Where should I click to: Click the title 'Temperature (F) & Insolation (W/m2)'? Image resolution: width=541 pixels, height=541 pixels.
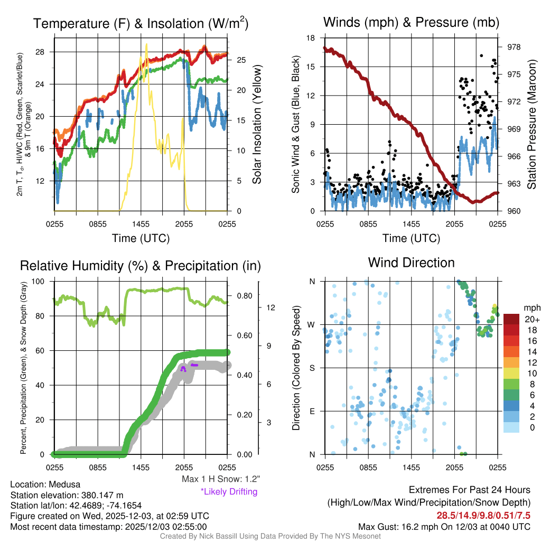click(141, 23)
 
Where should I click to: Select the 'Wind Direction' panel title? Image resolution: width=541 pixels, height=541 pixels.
click(411, 263)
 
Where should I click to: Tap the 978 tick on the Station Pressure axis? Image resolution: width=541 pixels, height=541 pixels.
click(513, 47)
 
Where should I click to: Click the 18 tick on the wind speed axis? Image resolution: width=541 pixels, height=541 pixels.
click(311, 38)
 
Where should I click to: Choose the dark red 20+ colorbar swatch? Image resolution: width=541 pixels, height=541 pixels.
click(512, 319)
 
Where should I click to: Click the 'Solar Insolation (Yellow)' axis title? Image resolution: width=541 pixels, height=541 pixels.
click(257, 125)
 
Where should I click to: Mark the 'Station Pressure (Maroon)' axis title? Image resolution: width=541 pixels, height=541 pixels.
click(532, 125)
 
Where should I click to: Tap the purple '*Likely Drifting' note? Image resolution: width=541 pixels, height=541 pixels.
click(229, 492)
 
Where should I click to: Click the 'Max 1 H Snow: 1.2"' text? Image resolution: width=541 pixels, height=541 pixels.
click(220, 479)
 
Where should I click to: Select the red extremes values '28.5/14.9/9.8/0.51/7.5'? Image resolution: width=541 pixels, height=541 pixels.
click(483, 515)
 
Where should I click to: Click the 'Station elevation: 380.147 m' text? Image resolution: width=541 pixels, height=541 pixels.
click(67, 495)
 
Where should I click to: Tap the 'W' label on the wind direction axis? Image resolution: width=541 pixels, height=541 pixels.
click(313, 324)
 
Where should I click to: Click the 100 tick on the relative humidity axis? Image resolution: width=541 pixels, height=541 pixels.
click(40, 281)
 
